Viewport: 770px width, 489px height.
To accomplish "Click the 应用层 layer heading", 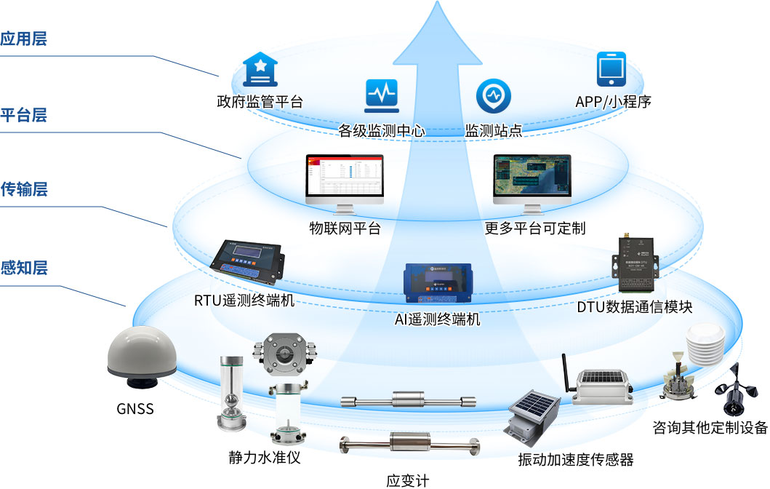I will point(24,39).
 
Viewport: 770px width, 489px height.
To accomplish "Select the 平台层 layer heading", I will point(24,115).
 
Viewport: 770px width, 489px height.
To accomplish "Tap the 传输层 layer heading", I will point(24,190).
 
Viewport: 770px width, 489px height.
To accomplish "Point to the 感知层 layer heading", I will point(24,267).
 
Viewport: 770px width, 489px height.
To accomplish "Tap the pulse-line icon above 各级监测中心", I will point(381,96).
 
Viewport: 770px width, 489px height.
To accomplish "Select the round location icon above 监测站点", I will point(493,96).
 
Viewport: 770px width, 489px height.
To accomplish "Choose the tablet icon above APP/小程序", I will point(612,71).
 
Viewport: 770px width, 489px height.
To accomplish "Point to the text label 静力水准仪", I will point(264,458).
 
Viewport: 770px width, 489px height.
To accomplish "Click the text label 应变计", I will point(408,481).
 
